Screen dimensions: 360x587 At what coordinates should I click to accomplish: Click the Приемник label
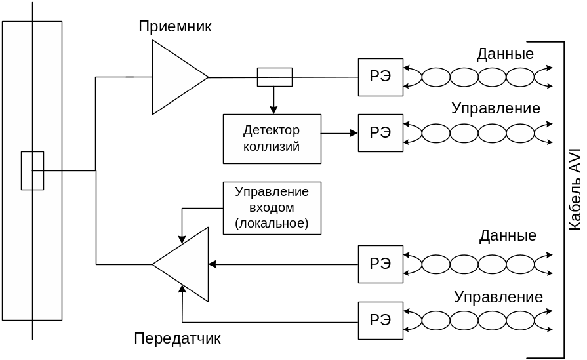175,27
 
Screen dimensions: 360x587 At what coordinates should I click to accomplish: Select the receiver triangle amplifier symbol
176,77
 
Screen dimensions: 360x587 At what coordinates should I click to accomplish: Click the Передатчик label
177,339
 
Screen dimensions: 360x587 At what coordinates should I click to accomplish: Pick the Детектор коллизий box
272,138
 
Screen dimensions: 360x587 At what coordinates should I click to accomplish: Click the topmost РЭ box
380,77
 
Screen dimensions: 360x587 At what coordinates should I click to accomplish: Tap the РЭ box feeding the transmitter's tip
380,264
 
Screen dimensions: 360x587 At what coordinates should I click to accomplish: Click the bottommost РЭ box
380,321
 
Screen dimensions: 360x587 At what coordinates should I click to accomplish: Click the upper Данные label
505,54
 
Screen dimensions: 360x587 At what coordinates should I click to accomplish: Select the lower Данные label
508,235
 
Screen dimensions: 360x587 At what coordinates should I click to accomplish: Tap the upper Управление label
496,108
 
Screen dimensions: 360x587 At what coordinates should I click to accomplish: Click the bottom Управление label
498,297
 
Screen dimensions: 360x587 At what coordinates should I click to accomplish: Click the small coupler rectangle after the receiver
274,77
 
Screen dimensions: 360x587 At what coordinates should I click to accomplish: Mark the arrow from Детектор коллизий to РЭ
339,134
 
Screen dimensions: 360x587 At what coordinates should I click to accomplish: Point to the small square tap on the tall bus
32,170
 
